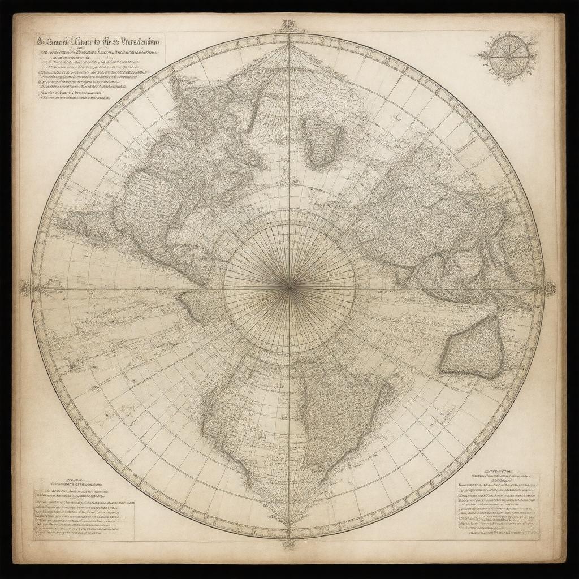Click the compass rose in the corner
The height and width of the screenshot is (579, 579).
509,57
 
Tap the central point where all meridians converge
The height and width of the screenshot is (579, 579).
289,288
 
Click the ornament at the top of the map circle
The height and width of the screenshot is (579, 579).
289,25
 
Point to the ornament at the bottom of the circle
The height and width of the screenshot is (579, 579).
289,544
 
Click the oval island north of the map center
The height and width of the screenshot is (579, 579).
323,142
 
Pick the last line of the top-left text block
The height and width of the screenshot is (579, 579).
74,97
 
